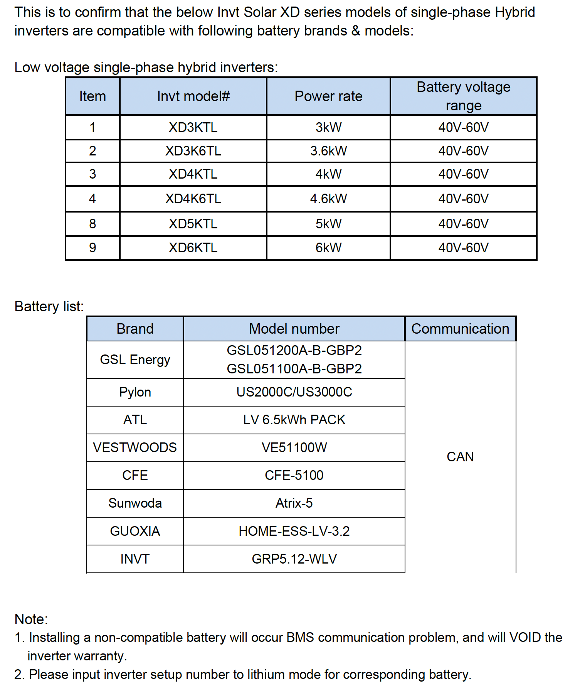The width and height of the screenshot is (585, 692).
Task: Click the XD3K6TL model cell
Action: [x=193, y=151]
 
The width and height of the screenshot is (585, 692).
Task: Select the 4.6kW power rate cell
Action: [x=328, y=199]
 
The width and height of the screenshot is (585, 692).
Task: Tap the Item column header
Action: [x=92, y=96]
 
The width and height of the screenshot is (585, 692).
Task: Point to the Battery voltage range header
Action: [x=463, y=96]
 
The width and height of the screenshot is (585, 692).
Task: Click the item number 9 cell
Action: [x=92, y=248]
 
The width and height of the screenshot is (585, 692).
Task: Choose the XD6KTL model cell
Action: [x=193, y=248]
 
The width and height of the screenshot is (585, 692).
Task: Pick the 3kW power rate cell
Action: [x=328, y=127]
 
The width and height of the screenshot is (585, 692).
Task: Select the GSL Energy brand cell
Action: [x=135, y=360]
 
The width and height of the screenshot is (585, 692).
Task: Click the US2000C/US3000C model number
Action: [x=294, y=392]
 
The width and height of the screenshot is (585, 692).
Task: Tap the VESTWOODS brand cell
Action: [x=135, y=447]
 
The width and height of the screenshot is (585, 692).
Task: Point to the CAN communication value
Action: [x=460, y=457]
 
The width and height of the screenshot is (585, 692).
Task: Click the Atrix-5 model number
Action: [x=294, y=503]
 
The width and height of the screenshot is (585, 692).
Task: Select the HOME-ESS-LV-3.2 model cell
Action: [x=294, y=531]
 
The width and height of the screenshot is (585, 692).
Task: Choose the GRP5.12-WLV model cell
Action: [x=294, y=559]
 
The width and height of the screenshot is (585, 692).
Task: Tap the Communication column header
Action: [x=460, y=329]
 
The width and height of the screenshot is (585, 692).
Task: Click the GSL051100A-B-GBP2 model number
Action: [x=294, y=369]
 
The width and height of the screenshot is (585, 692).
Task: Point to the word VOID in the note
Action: [x=525, y=637]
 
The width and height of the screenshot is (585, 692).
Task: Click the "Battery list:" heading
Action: [x=49, y=306]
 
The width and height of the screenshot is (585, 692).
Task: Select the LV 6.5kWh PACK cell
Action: [x=294, y=420]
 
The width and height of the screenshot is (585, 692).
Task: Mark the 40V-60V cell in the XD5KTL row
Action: [x=463, y=224]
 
